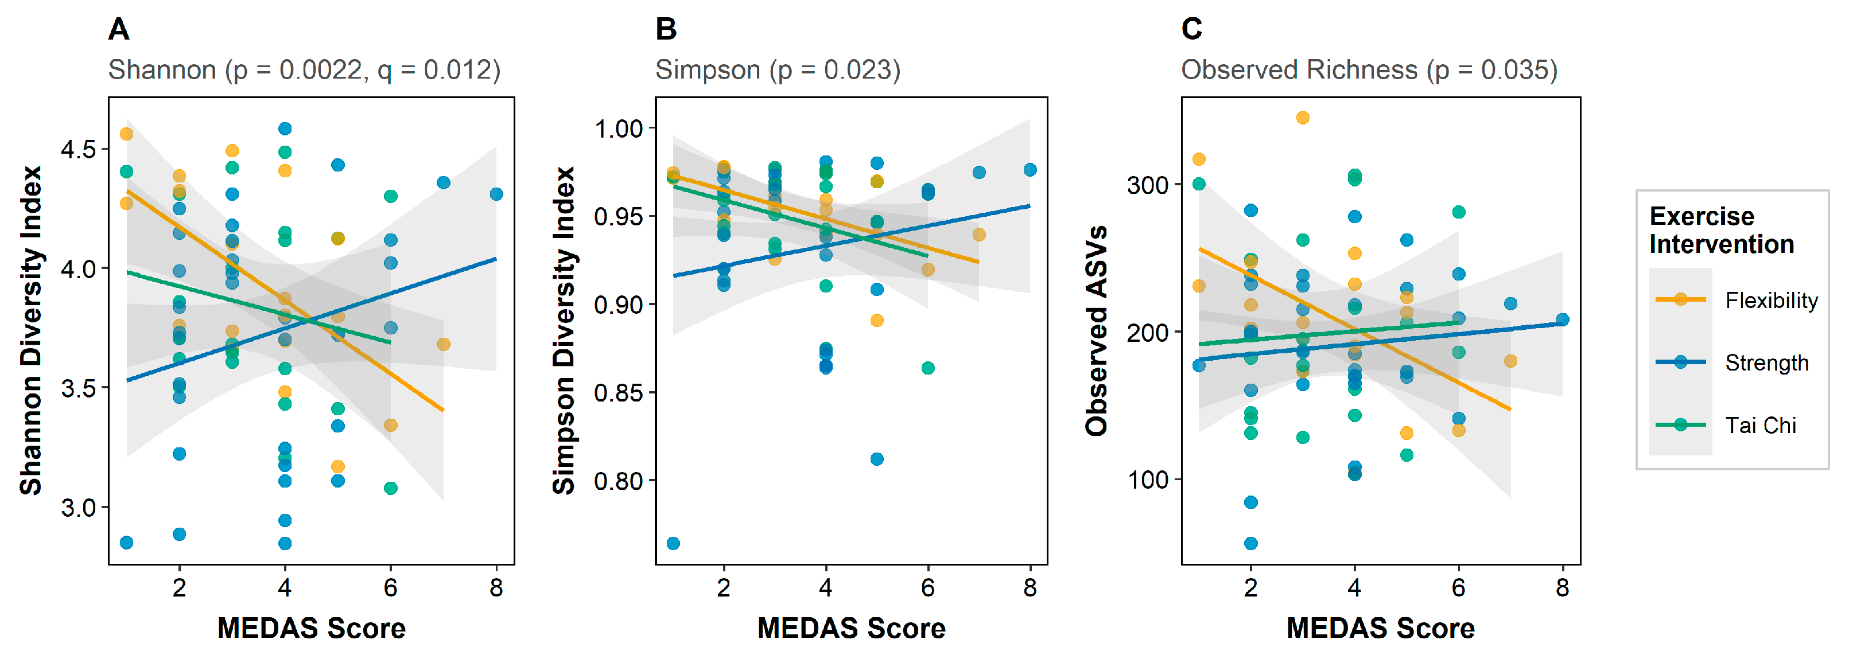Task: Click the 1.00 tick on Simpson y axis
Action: point(618,129)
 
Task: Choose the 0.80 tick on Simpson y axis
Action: point(618,481)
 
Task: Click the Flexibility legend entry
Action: point(1771,300)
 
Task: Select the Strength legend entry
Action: point(1766,363)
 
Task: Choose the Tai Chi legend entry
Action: point(1760,426)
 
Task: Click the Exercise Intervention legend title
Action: point(1721,229)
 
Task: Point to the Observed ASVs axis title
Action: point(1097,330)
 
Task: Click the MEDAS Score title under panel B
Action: point(851,628)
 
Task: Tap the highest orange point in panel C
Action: point(1303,118)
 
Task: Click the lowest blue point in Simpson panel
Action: point(673,543)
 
